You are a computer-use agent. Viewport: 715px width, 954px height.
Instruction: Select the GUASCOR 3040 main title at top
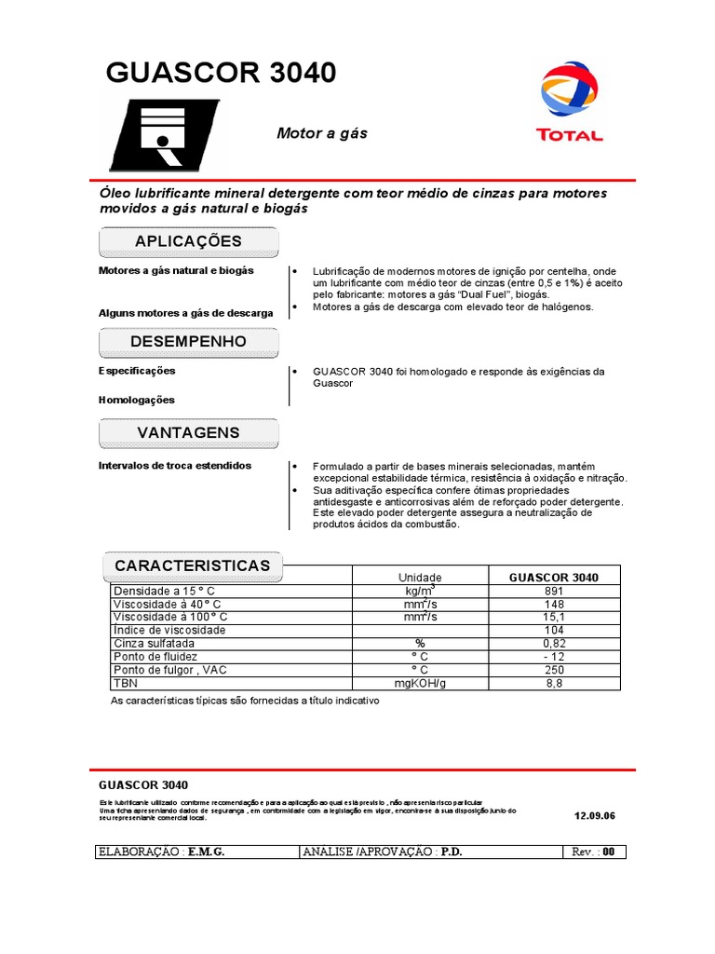[222, 74]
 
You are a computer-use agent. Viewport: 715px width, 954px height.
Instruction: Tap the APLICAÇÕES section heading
[188, 241]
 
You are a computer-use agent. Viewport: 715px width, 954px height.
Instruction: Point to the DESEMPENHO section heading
[188, 342]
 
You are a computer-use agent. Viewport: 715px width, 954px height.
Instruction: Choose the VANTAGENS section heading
[188, 432]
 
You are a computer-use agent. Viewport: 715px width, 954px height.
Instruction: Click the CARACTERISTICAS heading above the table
[192, 566]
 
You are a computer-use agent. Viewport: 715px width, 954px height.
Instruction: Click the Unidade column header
[420, 578]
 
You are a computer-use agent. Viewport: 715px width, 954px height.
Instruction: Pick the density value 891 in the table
[554, 591]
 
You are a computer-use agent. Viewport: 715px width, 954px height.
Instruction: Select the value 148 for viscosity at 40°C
[554, 604]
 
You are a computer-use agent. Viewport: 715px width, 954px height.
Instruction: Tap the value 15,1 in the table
[554, 617]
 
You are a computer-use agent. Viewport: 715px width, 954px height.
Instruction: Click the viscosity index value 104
[554, 630]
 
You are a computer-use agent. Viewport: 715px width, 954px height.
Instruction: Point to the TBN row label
[125, 683]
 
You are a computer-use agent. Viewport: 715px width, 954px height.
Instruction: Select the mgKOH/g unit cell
[420, 683]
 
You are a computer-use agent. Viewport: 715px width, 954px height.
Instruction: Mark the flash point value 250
[554, 670]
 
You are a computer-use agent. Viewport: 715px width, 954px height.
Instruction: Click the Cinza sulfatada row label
[155, 644]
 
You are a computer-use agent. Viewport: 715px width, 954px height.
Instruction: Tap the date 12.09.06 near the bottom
[596, 815]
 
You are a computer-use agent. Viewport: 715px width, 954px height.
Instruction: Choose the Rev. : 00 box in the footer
[595, 852]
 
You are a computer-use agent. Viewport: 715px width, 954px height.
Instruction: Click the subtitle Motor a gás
[322, 133]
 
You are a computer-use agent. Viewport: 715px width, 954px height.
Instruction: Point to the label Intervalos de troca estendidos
[175, 465]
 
